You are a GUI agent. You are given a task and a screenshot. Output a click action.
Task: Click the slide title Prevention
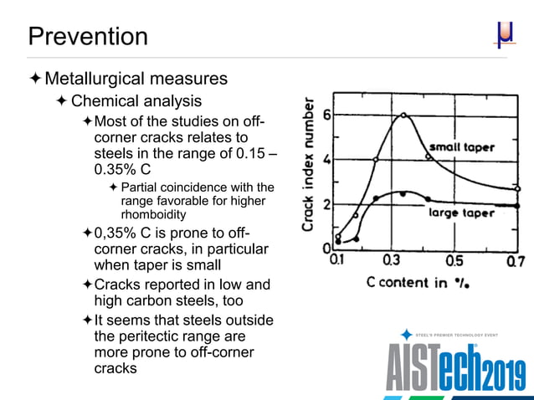(x=88, y=37)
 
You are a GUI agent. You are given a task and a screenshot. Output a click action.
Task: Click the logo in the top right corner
(x=504, y=36)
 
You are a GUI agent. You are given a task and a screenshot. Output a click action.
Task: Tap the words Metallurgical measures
(x=136, y=79)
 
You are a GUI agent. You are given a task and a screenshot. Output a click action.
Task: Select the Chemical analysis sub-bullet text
(x=136, y=102)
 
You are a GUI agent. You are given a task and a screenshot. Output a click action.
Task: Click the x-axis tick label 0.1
(x=337, y=261)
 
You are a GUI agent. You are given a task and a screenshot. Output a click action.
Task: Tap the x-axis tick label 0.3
(x=391, y=261)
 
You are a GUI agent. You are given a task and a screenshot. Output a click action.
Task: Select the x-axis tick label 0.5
(x=454, y=261)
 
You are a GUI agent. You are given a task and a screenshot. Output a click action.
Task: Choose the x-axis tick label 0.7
(x=516, y=261)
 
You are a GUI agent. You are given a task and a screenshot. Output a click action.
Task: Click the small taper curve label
(x=462, y=147)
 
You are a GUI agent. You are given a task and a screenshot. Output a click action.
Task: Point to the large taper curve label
(x=462, y=213)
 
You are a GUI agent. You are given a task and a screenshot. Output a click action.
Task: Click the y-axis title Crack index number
(x=309, y=167)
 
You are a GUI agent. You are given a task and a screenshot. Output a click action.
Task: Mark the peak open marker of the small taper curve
(x=403, y=115)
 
